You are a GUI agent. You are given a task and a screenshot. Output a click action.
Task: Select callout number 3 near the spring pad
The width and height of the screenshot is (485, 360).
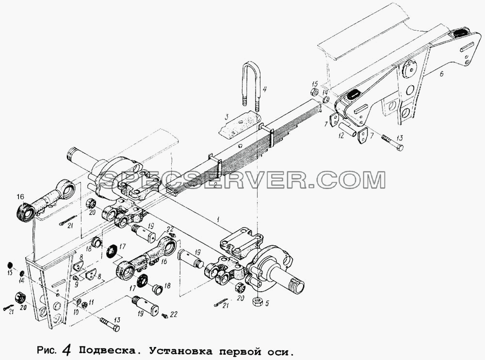226,118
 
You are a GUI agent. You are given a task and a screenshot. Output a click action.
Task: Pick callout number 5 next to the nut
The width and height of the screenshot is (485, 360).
267,303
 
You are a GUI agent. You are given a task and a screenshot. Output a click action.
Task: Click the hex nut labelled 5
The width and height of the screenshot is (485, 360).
258,301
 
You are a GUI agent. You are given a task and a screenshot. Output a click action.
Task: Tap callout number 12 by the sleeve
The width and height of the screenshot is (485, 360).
341,135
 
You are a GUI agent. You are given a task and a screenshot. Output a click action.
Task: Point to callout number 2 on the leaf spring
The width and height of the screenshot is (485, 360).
215,185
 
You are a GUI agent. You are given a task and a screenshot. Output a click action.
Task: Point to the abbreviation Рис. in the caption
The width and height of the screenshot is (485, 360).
47,351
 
